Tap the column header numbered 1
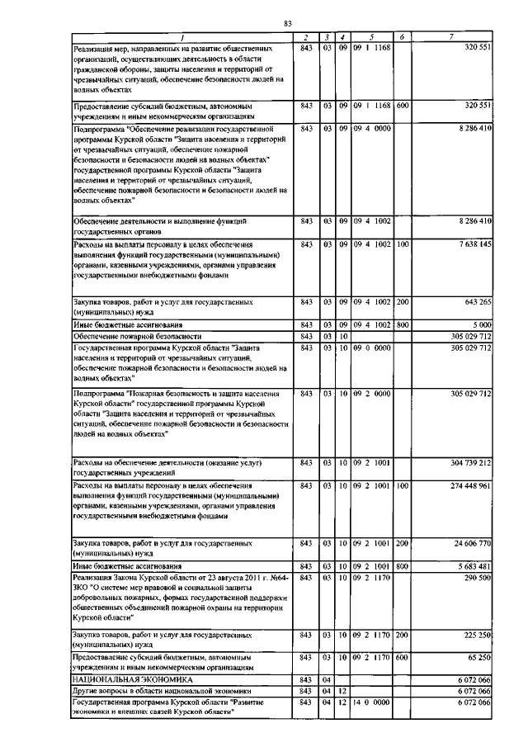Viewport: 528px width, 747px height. pyautogui.click(x=183, y=36)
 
